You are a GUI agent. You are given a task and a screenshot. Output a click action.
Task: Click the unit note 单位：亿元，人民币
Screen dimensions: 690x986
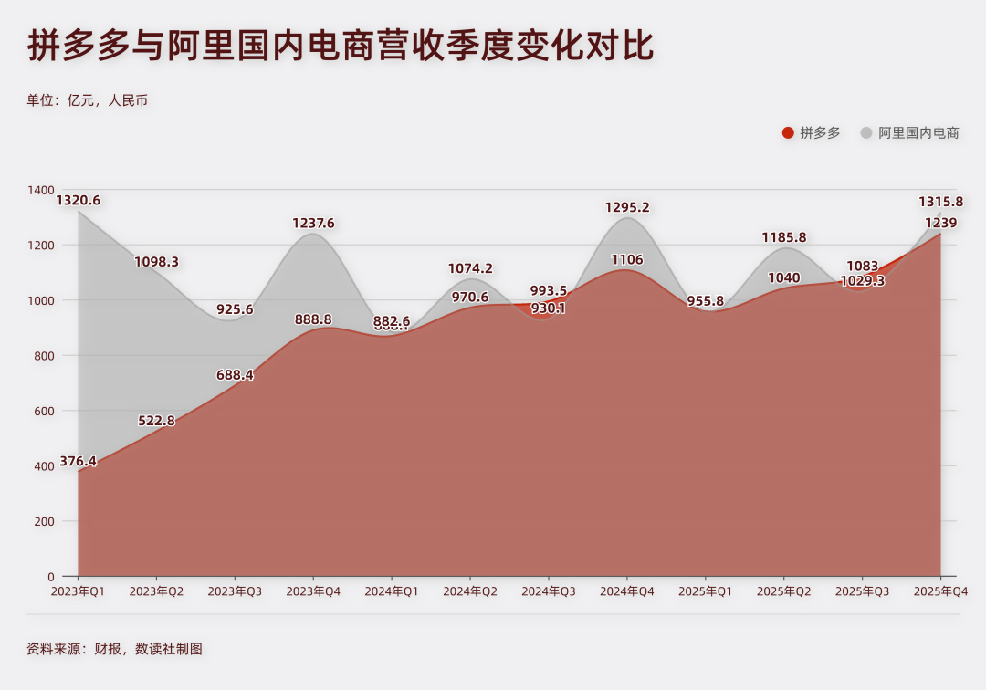[87, 100]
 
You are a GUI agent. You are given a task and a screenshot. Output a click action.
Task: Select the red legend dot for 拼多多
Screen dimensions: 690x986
[788, 133]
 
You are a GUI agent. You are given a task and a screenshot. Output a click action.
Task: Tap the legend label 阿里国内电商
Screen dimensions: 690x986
[918, 133]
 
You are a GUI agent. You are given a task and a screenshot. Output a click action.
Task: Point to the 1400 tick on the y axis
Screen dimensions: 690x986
[41, 190]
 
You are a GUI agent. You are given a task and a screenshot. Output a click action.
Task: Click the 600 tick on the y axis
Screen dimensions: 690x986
[45, 411]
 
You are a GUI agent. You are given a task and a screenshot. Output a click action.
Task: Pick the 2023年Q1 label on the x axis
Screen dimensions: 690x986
[78, 591]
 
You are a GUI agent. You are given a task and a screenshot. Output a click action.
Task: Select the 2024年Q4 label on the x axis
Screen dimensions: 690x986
[626, 591]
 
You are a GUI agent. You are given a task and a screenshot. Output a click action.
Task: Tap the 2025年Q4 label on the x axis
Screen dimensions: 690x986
[940, 591]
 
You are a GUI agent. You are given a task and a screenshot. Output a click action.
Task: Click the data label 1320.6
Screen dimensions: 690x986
[79, 200]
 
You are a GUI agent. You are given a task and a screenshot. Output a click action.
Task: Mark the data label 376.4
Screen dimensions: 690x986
[79, 461]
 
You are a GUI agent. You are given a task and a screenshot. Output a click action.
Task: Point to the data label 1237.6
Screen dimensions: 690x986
[313, 223]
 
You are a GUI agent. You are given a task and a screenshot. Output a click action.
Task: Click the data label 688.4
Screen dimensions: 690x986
[235, 375]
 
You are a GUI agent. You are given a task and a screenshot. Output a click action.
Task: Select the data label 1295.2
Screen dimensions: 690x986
[627, 207]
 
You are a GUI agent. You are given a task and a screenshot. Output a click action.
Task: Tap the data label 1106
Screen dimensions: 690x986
[627, 260]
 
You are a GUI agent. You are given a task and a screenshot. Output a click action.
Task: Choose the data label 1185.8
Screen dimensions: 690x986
[784, 237]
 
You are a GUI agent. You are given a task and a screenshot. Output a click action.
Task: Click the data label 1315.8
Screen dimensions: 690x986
[940, 202]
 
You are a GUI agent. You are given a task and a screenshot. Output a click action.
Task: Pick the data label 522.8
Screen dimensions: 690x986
[156, 421]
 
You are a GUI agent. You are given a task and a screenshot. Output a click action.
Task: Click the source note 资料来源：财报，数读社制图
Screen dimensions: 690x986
[114, 649]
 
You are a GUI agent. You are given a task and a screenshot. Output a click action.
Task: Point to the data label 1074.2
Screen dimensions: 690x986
[470, 268]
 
